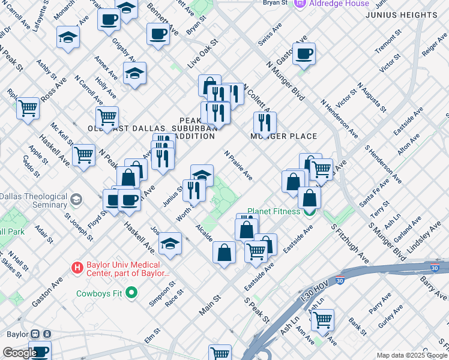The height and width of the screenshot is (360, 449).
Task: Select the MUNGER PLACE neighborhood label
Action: click(283, 136)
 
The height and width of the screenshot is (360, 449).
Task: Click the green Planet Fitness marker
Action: click(310, 211)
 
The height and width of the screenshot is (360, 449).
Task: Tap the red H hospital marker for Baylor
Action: click(77, 267)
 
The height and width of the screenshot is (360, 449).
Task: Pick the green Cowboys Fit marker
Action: click(132, 293)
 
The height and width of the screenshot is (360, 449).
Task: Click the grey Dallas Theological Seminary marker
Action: click(76, 199)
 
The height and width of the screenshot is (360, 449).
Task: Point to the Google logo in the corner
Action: click(19, 353)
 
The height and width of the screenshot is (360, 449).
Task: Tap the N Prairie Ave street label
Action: click(238, 166)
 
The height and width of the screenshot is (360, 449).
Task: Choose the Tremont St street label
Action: click(384, 45)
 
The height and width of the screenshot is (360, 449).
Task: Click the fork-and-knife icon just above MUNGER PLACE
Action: click(265, 123)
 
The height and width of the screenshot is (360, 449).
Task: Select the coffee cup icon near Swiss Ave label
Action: click(303, 54)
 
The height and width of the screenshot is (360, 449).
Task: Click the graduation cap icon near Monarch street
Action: click(68, 38)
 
